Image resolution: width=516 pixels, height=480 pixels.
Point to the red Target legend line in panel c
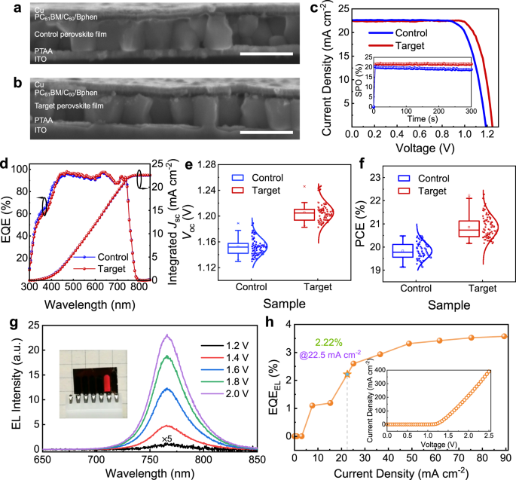point(385,47)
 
